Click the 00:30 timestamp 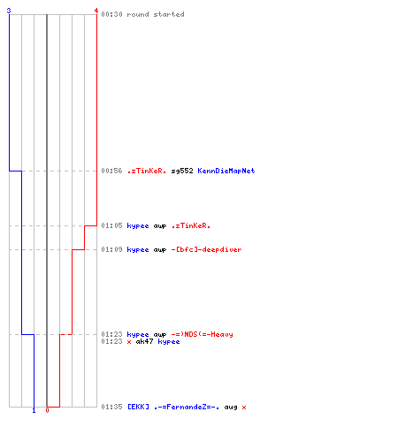(x=111, y=14)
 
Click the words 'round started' (x=156, y=14)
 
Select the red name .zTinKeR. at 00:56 (x=147, y=171)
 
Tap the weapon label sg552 (x=182, y=171)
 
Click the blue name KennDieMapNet (x=226, y=171)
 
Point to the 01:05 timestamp (x=111, y=225)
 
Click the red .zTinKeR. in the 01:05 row (x=191, y=225)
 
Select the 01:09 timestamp (x=111, y=249)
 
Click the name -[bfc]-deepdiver (x=206, y=249)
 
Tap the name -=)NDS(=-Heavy (x=202, y=334)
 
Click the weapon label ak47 (x=144, y=341)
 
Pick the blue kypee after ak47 (x=169, y=342)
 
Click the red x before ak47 (x=129, y=342)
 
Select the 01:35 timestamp (x=111, y=407)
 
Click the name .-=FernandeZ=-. (x=187, y=407)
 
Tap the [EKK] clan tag (x=138, y=407)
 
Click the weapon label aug (x=231, y=408)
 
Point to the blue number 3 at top (x=9, y=11)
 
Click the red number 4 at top (x=96, y=11)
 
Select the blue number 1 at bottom (x=34, y=410)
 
